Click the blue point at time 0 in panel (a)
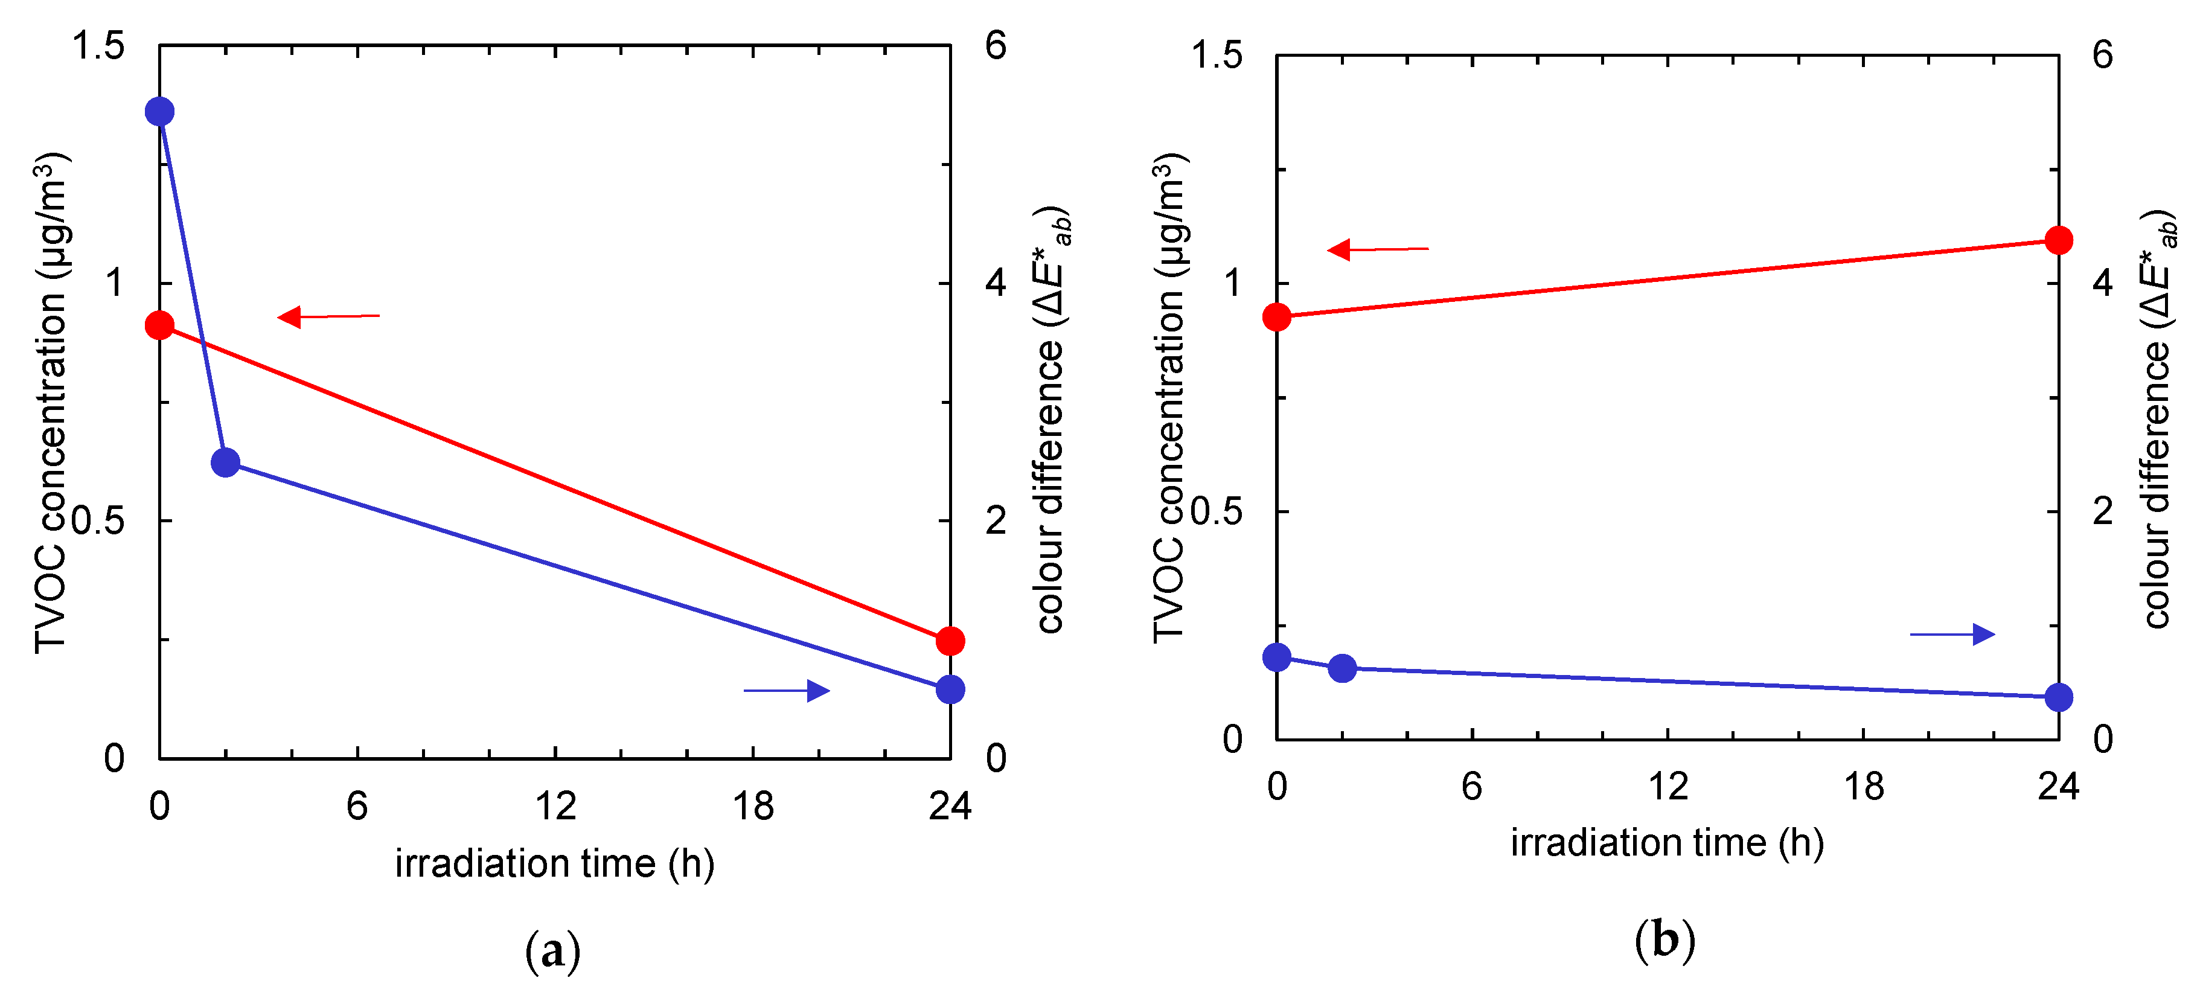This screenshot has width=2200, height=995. [x=160, y=111]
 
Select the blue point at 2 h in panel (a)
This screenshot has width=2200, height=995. [x=225, y=462]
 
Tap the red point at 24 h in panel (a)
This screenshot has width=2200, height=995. [x=950, y=641]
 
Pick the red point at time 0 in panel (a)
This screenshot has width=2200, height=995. [x=160, y=325]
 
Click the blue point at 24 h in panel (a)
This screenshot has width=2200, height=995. [x=950, y=689]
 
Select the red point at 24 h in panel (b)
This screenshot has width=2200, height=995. [x=2059, y=240]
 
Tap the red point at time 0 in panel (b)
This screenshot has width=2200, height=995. [x=1277, y=317]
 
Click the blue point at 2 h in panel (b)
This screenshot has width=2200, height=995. [x=1343, y=668]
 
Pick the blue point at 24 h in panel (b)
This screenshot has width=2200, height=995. [x=2059, y=697]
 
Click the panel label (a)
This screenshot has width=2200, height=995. [x=552, y=950]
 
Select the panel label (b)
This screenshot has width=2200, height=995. [x=1664, y=940]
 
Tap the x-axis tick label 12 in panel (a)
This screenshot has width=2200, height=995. [x=555, y=806]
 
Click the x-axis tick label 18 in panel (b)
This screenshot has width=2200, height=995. [x=1863, y=785]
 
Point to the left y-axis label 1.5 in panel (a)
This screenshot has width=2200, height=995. [x=98, y=45]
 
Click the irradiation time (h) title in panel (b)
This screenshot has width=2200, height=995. [x=1667, y=843]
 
